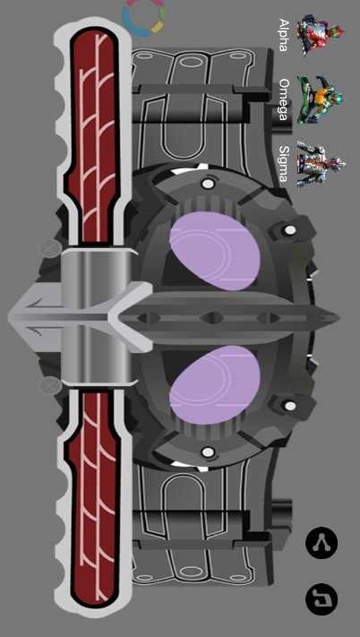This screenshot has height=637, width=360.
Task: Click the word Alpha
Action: click(284, 35)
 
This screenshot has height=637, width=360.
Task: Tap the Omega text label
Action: click(285, 99)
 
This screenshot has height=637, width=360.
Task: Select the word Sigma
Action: click(284, 164)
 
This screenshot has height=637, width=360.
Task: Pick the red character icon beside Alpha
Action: click(320, 35)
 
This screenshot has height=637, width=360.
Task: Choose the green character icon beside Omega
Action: click(320, 99)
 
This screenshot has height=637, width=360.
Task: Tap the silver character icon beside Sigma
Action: click(321, 164)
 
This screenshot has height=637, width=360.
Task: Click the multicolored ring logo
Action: click(144, 17)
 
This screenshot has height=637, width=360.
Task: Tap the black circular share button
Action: click(321, 543)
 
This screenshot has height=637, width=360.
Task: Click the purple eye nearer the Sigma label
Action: click(215, 251)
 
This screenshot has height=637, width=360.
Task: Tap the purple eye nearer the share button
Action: click(215, 385)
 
